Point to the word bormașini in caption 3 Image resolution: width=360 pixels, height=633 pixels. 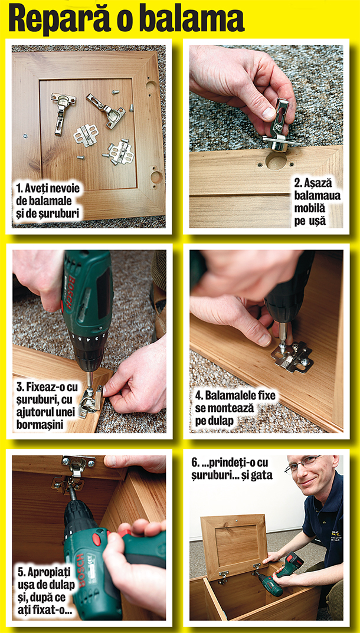click(44, 424)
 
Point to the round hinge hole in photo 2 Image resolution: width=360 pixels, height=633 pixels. click(276, 161)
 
